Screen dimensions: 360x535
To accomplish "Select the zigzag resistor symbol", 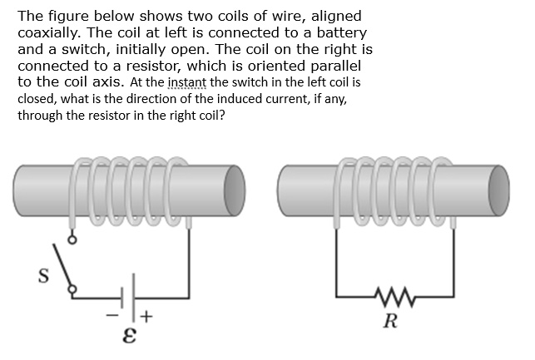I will click(x=391, y=294).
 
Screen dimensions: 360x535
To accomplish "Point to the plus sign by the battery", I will click(x=147, y=316).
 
